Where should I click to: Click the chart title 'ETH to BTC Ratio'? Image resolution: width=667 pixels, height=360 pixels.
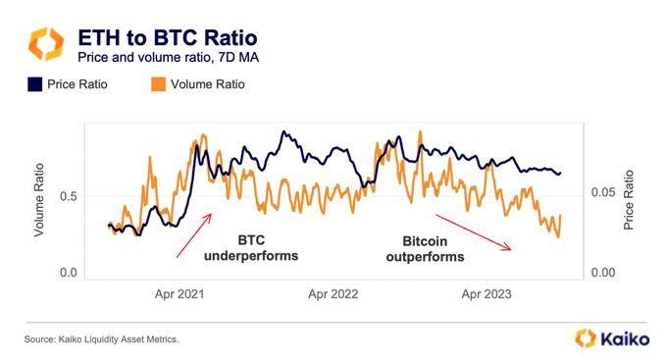pyautogui.click(x=168, y=38)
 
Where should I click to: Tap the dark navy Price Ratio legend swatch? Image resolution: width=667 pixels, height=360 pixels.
pyautogui.click(x=32, y=84)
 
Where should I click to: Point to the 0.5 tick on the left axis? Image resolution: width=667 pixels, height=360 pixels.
pyautogui.click(x=69, y=196)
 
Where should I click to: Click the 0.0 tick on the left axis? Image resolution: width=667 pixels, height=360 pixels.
pyautogui.click(x=69, y=273)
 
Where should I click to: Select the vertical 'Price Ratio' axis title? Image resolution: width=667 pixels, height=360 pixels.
pyautogui.click(x=629, y=201)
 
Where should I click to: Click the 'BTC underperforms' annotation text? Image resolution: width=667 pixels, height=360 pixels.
pyautogui.click(x=249, y=248)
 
